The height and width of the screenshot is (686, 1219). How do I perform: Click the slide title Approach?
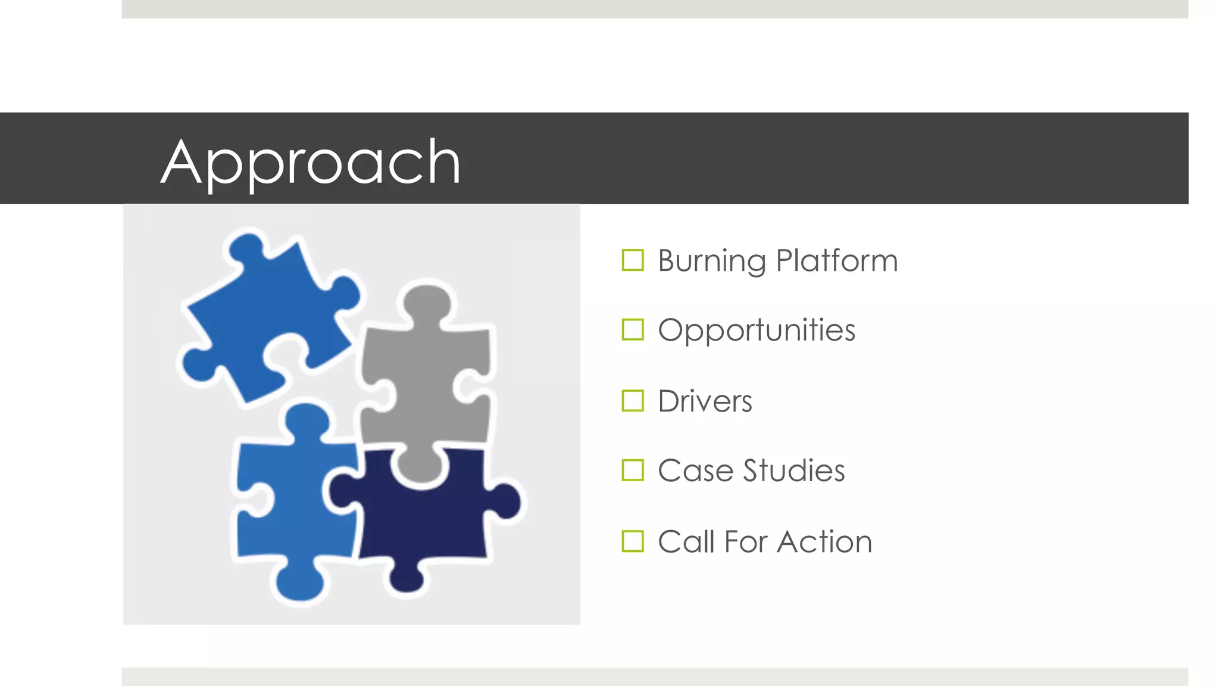(x=311, y=162)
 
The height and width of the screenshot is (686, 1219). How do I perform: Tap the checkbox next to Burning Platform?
(x=632, y=260)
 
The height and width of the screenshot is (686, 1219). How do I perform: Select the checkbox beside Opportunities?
(x=632, y=329)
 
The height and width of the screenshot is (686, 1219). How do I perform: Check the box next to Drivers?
(x=632, y=401)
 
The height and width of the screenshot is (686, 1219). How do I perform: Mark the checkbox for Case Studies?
(x=632, y=470)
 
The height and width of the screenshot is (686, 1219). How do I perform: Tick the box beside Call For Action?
(x=632, y=541)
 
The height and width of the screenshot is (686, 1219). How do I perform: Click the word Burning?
(x=712, y=261)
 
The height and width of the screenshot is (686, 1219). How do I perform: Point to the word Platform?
(x=837, y=261)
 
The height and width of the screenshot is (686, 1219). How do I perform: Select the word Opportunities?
(x=756, y=330)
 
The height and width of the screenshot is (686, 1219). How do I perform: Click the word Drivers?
(x=705, y=401)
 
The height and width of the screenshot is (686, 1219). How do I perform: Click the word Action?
(x=825, y=542)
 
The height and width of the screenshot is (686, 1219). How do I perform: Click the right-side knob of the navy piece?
(x=506, y=501)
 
